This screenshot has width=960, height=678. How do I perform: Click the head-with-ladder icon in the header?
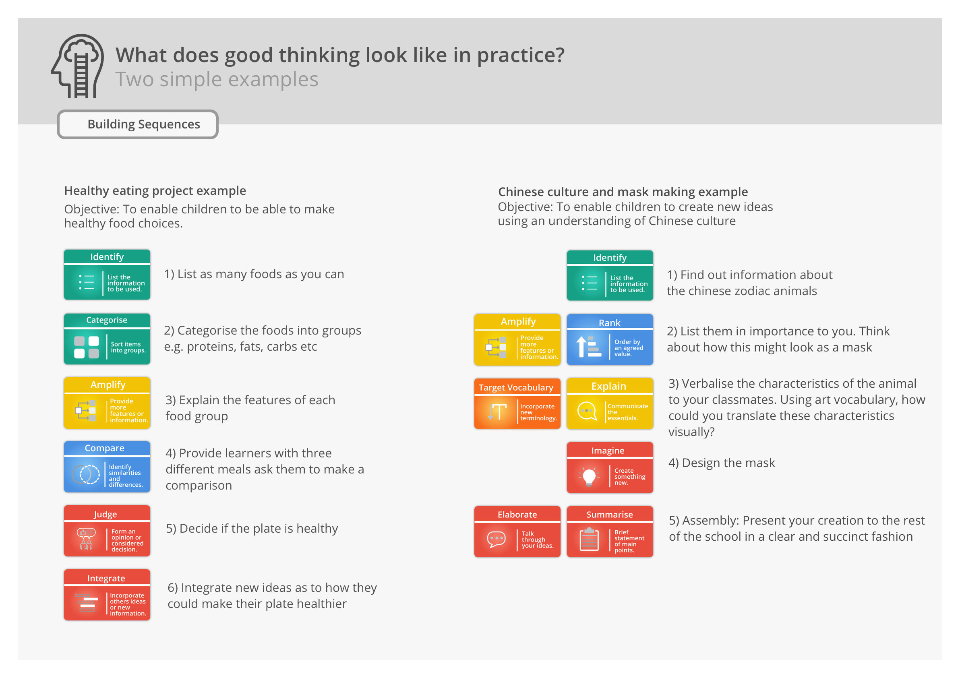click(x=78, y=66)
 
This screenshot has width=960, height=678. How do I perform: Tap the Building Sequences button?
click(x=138, y=124)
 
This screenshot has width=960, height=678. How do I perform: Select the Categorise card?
click(x=107, y=339)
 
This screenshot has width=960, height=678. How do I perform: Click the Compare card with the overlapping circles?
click(x=107, y=467)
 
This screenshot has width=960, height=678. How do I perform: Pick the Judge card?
click(x=107, y=531)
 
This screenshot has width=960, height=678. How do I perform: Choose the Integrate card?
click(x=107, y=595)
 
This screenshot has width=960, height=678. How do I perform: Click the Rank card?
click(x=610, y=340)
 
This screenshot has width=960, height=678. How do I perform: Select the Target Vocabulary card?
click(x=517, y=404)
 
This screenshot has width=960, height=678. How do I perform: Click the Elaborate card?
click(x=517, y=532)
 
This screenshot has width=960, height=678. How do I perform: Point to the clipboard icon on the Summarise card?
click(x=589, y=539)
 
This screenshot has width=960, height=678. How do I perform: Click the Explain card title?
click(x=609, y=386)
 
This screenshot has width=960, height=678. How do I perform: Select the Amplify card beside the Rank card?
click(x=517, y=340)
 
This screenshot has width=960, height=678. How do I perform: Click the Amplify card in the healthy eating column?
click(x=107, y=403)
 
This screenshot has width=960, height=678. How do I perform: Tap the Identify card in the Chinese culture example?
click(x=610, y=275)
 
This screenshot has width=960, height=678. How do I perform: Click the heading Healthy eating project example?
click(x=155, y=190)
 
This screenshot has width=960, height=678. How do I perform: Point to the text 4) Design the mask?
click(x=721, y=463)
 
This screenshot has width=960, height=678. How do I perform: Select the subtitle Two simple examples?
click(x=217, y=79)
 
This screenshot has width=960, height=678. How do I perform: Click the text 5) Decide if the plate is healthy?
click(x=252, y=528)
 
